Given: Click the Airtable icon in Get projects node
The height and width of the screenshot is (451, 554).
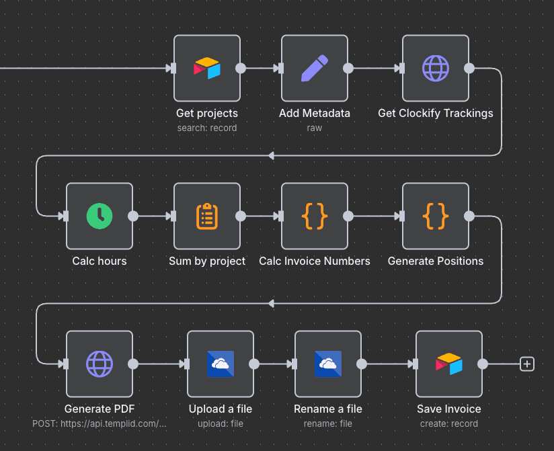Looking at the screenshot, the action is click(x=207, y=68).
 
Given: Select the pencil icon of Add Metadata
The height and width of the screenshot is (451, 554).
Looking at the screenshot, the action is click(x=315, y=68).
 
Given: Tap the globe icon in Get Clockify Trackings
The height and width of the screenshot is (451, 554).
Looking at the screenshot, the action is click(x=436, y=68).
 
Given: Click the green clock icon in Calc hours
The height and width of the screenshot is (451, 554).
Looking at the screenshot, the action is click(x=100, y=216).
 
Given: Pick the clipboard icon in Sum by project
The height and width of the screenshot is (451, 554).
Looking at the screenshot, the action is click(x=207, y=216).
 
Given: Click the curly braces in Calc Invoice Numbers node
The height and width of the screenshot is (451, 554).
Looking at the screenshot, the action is click(x=315, y=216).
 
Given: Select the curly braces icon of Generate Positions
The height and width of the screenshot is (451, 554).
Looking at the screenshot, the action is click(x=436, y=216).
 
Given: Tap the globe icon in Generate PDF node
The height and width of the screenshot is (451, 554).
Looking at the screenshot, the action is click(x=100, y=364).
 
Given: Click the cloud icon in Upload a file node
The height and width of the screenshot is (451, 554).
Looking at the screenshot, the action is click(x=221, y=364).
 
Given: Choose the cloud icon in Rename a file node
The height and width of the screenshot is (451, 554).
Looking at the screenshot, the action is click(x=328, y=364).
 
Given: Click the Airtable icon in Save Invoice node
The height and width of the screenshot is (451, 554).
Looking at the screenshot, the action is click(x=449, y=364).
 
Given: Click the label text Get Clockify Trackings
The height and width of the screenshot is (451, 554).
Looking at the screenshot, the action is click(x=436, y=113).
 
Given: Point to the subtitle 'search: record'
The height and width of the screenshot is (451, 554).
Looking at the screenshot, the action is click(x=207, y=128).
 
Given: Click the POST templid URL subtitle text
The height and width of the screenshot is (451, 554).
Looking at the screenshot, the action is click(x=100, y=423).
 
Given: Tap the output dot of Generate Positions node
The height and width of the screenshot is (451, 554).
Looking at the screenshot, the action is click(x=469, y=216).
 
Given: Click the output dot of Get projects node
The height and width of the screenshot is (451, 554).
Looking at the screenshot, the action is click(x=241, y=68).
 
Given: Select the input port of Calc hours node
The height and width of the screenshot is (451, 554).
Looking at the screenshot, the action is click(x=65, y=216).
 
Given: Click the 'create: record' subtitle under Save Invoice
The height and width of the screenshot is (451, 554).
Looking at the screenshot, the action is click(x=449, y=423).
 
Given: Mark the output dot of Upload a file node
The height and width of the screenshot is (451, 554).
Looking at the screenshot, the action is click(x=254, y=364).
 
